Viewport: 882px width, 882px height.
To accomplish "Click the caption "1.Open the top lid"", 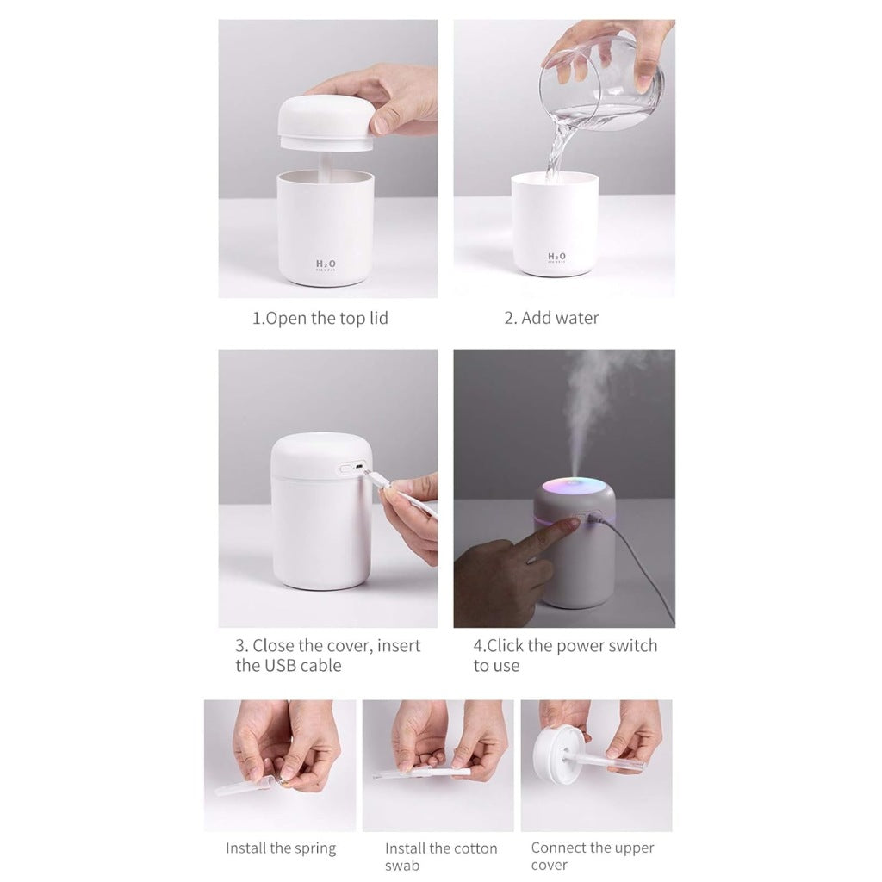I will (x=320, y=319).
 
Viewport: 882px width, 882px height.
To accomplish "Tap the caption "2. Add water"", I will (x=551, y=319).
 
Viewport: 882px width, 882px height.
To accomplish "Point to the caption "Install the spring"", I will (x=281, y=848).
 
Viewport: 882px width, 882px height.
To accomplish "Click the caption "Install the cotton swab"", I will (x=441, y=857).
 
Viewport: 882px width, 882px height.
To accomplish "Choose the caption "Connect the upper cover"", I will (x=593, y=856).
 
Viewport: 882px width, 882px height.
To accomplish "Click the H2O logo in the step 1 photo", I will (x=326, y=264).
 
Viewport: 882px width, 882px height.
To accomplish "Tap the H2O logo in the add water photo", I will (x=556, y=257).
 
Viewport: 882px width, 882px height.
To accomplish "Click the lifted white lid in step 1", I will (x=326, y=121).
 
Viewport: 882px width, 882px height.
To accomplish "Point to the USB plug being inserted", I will (x=372, y=475).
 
